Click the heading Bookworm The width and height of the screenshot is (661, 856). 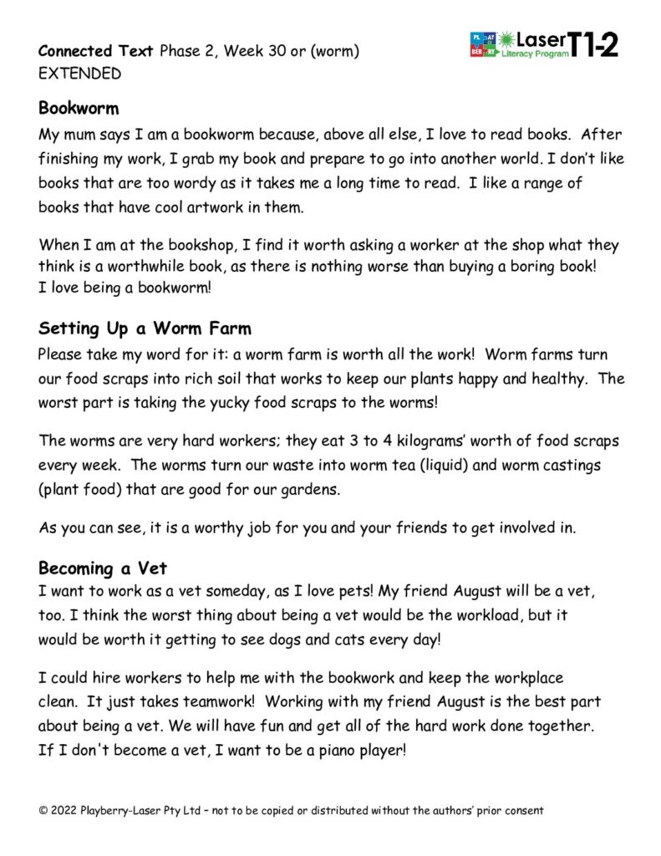click(x=79, y=109)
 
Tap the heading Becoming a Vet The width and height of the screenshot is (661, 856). click(x=103, y=568)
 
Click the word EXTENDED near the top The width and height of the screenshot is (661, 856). click(x=79, y=74)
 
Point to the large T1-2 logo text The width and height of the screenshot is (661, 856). click(x=593, y=44)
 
